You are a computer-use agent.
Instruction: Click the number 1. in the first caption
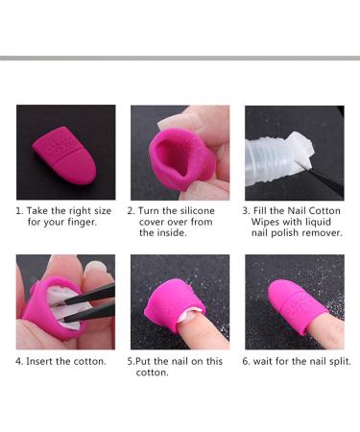point(18,210)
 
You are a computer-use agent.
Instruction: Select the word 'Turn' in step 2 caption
point(153,210)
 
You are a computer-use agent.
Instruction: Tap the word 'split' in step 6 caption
point(338,362)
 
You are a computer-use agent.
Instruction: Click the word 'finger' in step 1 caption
point(80,223)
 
